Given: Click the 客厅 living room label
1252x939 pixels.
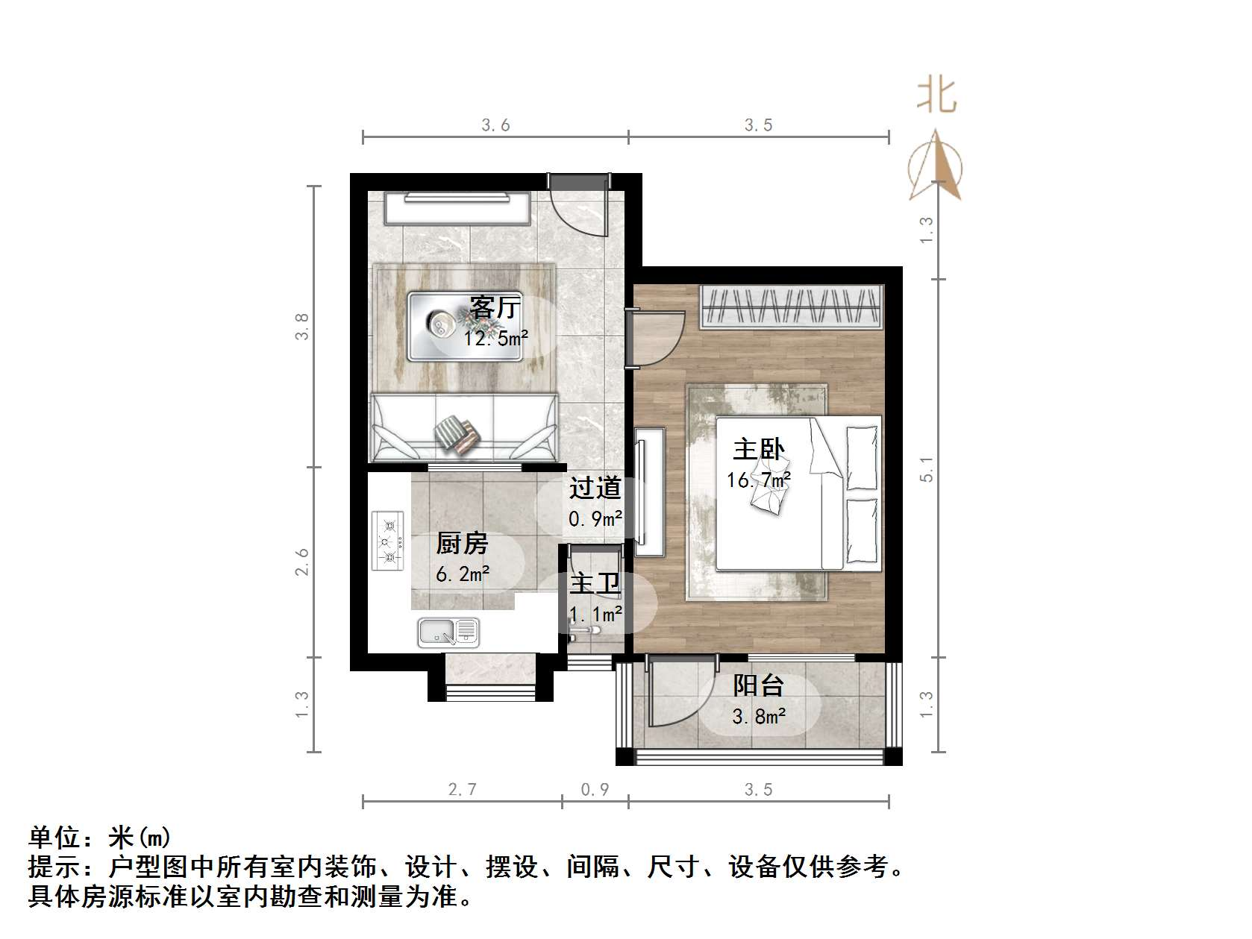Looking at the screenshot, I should click(x=495, y=307).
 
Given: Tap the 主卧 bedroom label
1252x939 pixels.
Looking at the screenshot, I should click(x=758, y=450).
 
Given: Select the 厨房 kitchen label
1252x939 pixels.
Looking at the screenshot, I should click(x=462, y=544).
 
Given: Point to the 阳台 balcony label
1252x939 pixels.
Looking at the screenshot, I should click(x=758, y=685).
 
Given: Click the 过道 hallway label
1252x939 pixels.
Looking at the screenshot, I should click(x=595, y=489).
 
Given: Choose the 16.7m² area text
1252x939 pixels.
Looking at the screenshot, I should click(x=758, y=480).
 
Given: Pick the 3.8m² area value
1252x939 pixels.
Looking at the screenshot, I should click(x=758, y=717).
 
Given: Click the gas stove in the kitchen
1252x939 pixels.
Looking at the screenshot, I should click(x=387, y=541).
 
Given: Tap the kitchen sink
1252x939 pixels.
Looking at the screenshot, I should click(x=448, y=632).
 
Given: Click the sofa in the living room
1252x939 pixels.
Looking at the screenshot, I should click(x=464, y=429).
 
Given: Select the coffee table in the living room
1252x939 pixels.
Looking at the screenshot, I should click(x=464, y=326).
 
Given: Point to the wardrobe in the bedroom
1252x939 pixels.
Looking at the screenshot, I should click(x=792, y=307).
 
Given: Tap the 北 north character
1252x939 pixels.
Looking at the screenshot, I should click(x=936, y=96).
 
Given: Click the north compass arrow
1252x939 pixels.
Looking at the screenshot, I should click(x=936, y=166).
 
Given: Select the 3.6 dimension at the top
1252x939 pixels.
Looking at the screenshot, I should click(x=495, y=125).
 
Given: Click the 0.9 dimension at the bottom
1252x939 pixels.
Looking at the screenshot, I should click(x=595, y=789).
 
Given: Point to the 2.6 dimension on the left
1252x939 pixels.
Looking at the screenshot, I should click(x=301, y=562).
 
